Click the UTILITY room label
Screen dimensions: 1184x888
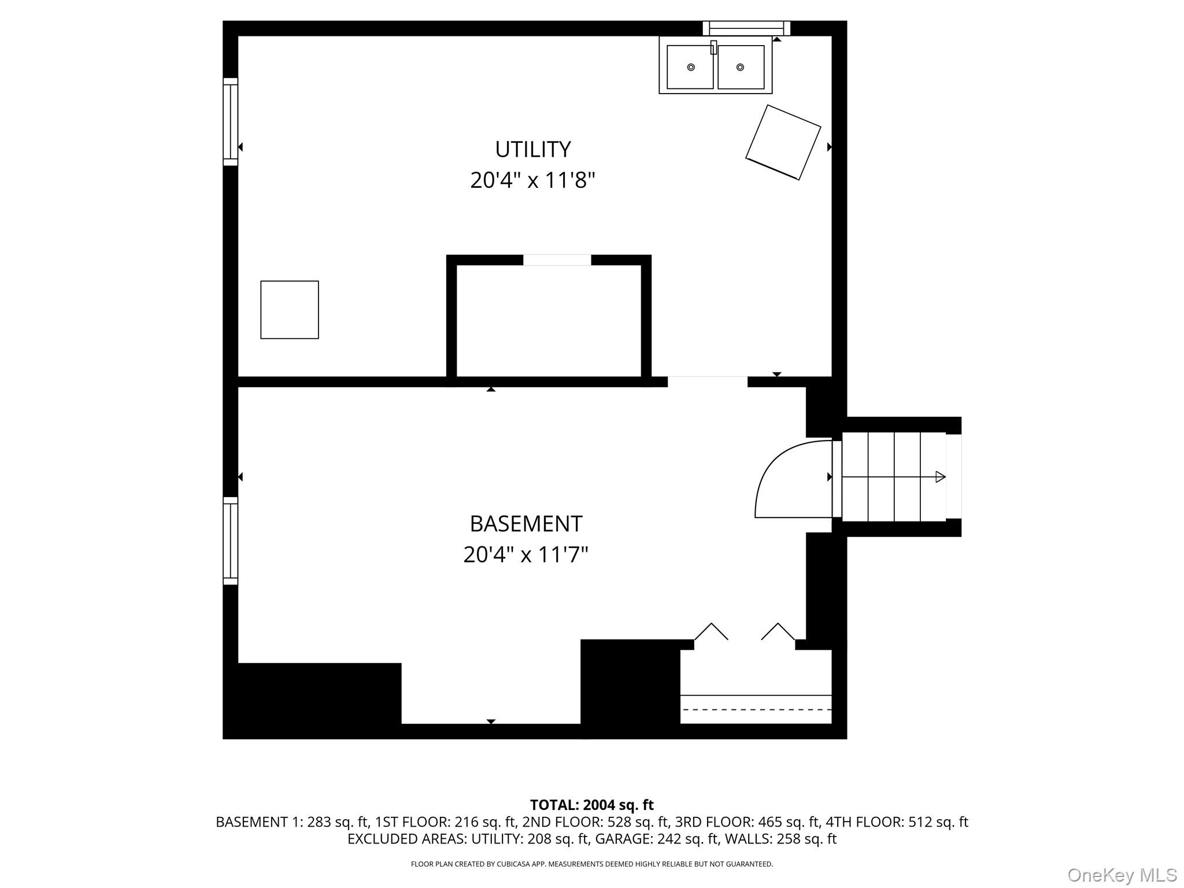[x=532, y=149]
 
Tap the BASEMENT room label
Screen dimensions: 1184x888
[x=526, y=524]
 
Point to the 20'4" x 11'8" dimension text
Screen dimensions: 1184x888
[x=532, y=180]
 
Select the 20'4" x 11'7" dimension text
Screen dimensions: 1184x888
[x=526, y=555]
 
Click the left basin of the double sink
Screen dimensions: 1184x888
[x=690, y=67]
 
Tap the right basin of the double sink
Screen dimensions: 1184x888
[x=741, y=67]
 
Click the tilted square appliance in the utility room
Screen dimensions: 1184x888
[x=783, y=142]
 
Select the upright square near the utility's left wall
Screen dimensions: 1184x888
[x=290, y=310]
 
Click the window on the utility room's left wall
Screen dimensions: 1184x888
[x=231, y=121]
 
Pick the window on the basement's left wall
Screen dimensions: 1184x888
[x=231, y=541]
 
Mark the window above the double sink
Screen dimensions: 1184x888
[x=746, y=28]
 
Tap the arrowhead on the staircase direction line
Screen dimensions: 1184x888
[x=941, y=477]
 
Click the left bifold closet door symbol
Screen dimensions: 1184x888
[x=711, y=631]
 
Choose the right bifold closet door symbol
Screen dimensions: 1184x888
[x=778, y=631]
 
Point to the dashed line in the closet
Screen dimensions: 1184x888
[x=756, y=709]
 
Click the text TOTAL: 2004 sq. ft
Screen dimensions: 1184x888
[x=591, y=805]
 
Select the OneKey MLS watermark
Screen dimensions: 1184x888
[x=1122, y=875]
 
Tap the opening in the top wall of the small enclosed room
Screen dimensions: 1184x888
[x=557, y=260]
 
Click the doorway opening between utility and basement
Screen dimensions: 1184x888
[x=708, y=382]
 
